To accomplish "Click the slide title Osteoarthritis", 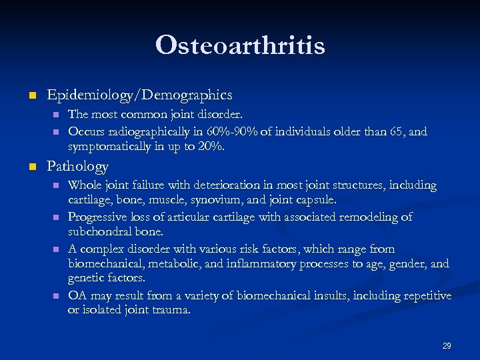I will click(x=240, y=45).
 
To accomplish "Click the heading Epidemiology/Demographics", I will click(x=139, y=95).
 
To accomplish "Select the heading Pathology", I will click(x=77, y=166).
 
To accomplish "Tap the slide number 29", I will click(x=447, y=346).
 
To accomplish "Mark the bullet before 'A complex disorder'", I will click(x=56, y=249).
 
